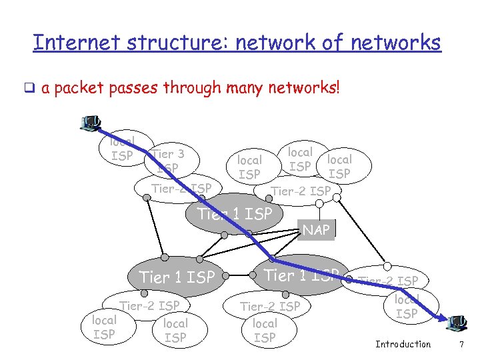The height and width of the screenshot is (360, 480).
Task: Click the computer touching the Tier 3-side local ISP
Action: (x=91, y=123)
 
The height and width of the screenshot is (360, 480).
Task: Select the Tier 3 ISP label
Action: (x=167, y=161)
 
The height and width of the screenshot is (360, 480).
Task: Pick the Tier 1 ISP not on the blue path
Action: (x=176, y=276)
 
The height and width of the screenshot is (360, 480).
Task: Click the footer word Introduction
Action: (x=403, y=344)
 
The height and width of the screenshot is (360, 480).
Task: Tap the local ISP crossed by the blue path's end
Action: (x=407, y=306)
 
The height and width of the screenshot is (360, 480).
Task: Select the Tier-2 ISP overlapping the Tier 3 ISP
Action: (x=181, y=189)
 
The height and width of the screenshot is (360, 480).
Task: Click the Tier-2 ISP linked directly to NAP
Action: (x=301, y=191)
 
